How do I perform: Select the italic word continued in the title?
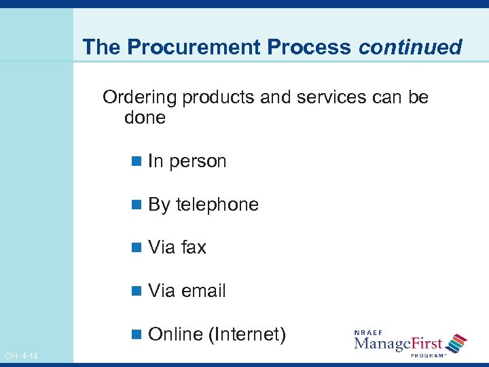coord(410,47)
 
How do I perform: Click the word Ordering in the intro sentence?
coord(139,97)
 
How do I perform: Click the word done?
coord(145,118)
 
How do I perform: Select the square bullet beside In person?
coord(137,161)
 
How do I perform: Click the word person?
coord(198,162)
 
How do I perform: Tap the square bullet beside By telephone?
coord(137,205)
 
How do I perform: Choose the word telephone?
coord(217,205)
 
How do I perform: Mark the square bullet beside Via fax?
coord(137,247)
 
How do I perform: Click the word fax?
coord(194,247)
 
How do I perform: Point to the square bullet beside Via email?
coord(137,291)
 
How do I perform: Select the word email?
coord(204,291)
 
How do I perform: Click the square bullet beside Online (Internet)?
coord(137,334)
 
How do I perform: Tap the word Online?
coord(175,334)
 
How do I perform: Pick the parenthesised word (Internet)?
coord(247,334)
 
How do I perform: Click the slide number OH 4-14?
coord(21,356)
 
